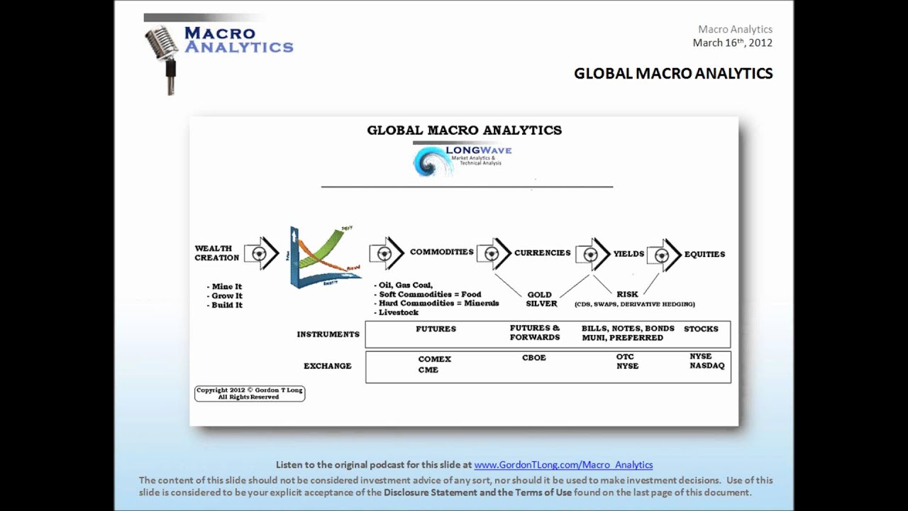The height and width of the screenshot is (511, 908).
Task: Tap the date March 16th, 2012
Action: pos(732,43)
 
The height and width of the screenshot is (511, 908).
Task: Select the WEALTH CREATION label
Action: pos(216,253)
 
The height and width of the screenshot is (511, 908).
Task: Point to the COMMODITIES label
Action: pos(441,252)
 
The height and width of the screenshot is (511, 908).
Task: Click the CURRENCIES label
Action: pos(542,253)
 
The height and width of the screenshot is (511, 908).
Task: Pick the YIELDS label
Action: pos(629,253)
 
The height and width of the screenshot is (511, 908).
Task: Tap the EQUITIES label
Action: pos(704,254)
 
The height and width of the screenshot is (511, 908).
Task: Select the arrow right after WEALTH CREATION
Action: pos(261,253)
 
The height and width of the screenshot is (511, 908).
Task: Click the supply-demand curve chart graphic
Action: pos(324,257)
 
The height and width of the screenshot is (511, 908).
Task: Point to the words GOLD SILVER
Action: pos(541,299)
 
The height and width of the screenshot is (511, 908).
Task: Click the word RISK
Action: pos(627,294)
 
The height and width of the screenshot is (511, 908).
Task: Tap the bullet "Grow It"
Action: pos(226,296)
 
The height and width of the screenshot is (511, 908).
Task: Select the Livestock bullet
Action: pos(398,312)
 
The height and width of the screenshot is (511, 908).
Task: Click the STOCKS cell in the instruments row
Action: pos(701,329)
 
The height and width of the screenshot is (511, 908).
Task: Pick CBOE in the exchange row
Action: pos(534,358)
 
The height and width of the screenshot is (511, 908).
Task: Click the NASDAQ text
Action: pos(707,366)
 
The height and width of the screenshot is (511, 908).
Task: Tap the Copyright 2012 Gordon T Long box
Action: pos(250,393)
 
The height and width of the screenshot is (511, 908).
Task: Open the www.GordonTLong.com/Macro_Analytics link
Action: pos(563,465)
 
